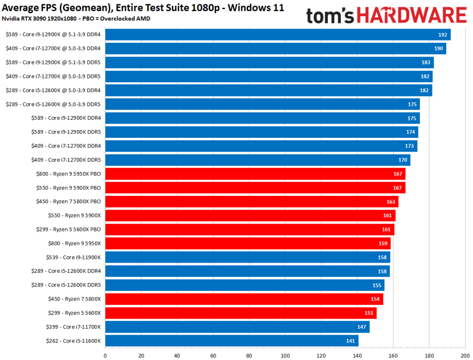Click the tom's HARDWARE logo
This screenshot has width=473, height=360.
coord(386,15)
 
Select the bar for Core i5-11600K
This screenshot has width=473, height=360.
coord(232,341)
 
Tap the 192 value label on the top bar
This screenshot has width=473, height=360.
coord(442,35)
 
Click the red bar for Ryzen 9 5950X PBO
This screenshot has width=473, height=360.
coord(255,174)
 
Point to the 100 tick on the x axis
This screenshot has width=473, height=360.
coord(285,356)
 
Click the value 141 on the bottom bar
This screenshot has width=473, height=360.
coord(351,341)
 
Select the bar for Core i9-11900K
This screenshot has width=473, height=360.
coord(247,257)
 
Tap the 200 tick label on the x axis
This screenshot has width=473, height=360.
coord(465,356)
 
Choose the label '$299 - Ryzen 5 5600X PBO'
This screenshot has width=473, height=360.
coord(68,229)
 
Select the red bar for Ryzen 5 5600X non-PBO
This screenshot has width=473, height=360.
coord(240,313)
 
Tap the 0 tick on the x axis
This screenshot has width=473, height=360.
coord(105,356)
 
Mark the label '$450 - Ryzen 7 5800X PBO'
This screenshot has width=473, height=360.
coord(68,202)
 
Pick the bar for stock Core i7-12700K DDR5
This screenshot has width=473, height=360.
coord(257,160)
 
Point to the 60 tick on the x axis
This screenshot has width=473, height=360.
coord(213,356)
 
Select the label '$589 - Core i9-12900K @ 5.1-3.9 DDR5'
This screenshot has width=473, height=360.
coord(53,62)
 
